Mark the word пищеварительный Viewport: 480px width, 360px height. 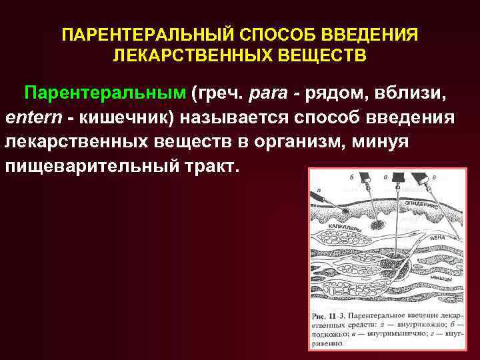(x=91, y=165)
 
